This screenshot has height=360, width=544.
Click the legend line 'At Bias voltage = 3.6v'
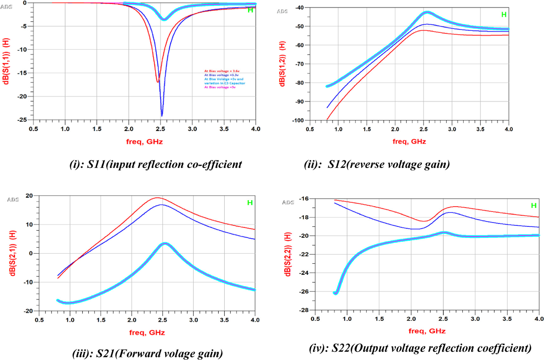pyautogui.click(x=222, y=71)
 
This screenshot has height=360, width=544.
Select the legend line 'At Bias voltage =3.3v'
pyautogui.click(x=221, y=75)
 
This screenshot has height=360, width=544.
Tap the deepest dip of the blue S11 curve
pyautogui.click(x=162, y=116)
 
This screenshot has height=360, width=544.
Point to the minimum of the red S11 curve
pyautogui.click(x=158, y=82)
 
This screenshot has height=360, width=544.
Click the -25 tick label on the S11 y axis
pyautogui.click(x=22, y=120)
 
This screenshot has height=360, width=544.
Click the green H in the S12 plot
pyautogui.click(x=504, y=15)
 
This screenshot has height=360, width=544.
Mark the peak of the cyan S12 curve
pyautogui.click(x=427, y=12)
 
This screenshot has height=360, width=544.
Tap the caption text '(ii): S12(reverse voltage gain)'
pyautogui.click(x=377, y=164)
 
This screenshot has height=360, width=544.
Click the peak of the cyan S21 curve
pyautogui.click(x=165, y=244)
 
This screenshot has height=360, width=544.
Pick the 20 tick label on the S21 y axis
pyautogui.click(x=29, y=196)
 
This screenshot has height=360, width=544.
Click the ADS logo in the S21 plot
pyautogui.click(x=13, y=200)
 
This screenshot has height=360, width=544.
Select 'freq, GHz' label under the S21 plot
pyautogui.click(x=147, y=332)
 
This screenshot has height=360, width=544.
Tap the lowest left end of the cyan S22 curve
pyautogui.click(x=336, y=293)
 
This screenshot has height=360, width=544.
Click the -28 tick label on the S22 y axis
pyautogui.click(x=303, y=310)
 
